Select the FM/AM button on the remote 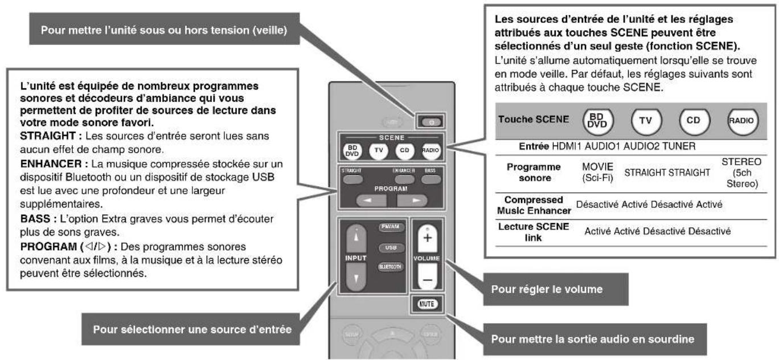pos(391,228)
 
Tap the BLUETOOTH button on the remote pos(391,265)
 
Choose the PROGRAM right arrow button pos(412,201)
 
